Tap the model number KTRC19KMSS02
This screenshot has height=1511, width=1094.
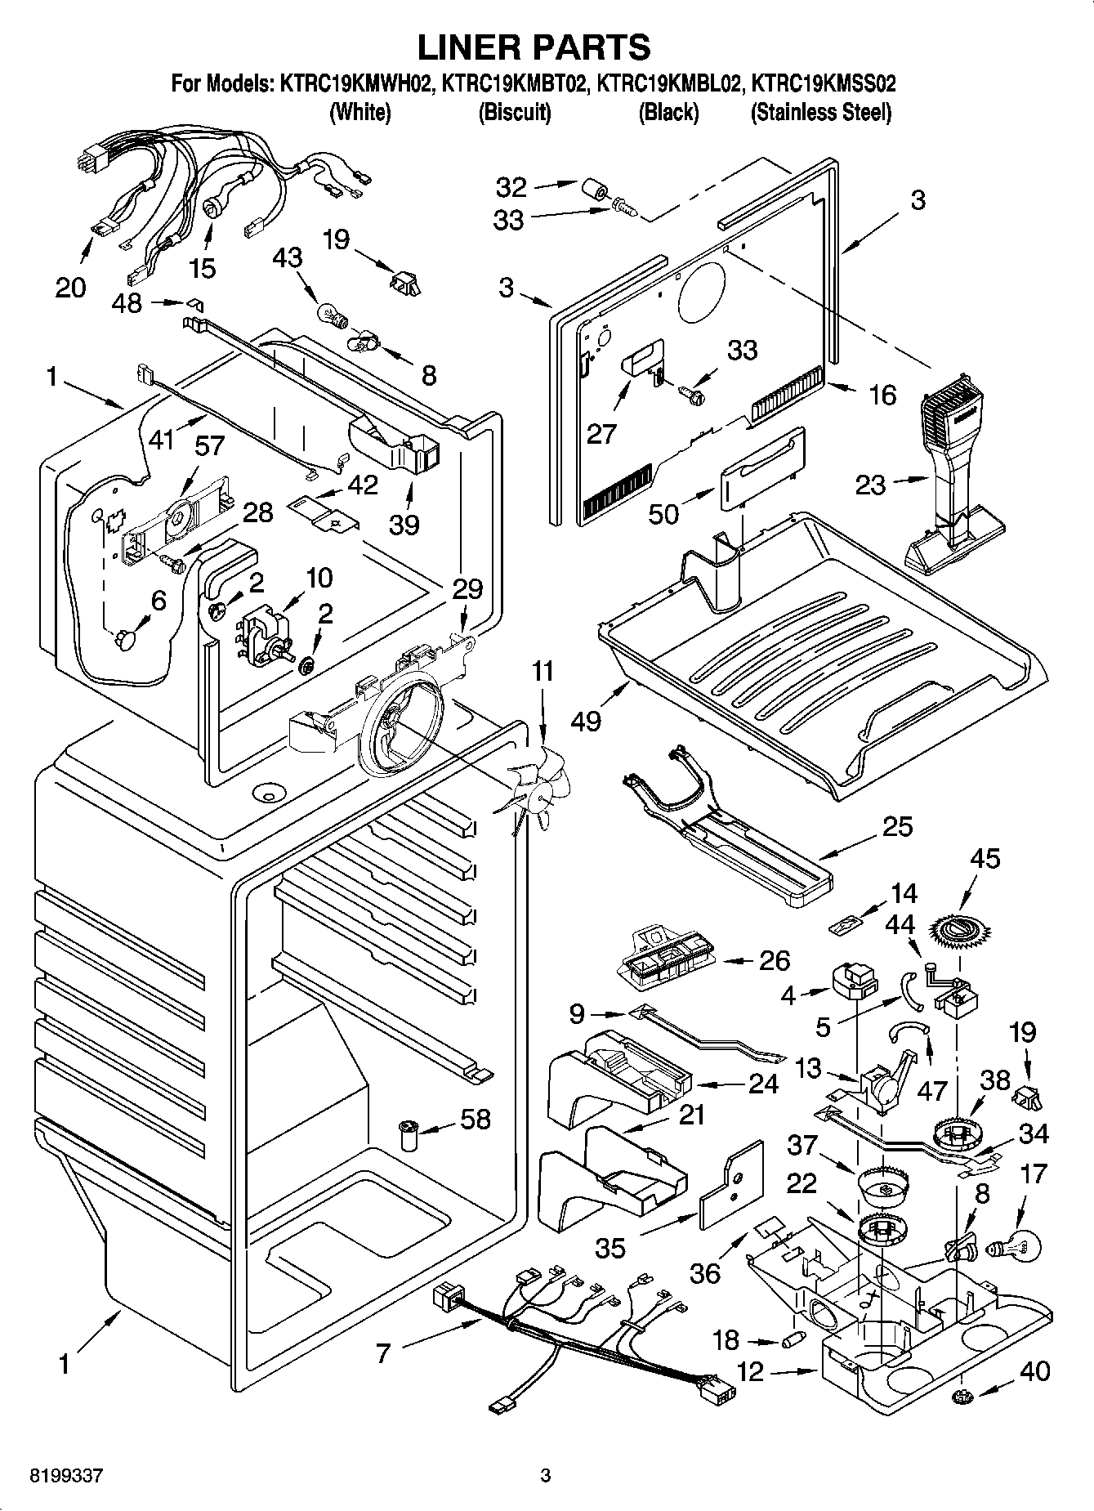point(823,83)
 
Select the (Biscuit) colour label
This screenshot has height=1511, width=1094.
point(514,112)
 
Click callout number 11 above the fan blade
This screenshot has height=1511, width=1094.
point(543,672)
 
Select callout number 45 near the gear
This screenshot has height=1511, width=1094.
point(985,858)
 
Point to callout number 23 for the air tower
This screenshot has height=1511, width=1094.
point(870,485)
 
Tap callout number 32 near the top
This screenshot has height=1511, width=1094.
point(511,187)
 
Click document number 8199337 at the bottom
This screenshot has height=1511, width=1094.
point(66,1475)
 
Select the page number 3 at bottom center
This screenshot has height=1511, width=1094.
point(546,1475)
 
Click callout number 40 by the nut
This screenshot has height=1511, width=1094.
point(1034,1370)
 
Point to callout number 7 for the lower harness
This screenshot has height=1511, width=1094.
point(383,1354)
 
